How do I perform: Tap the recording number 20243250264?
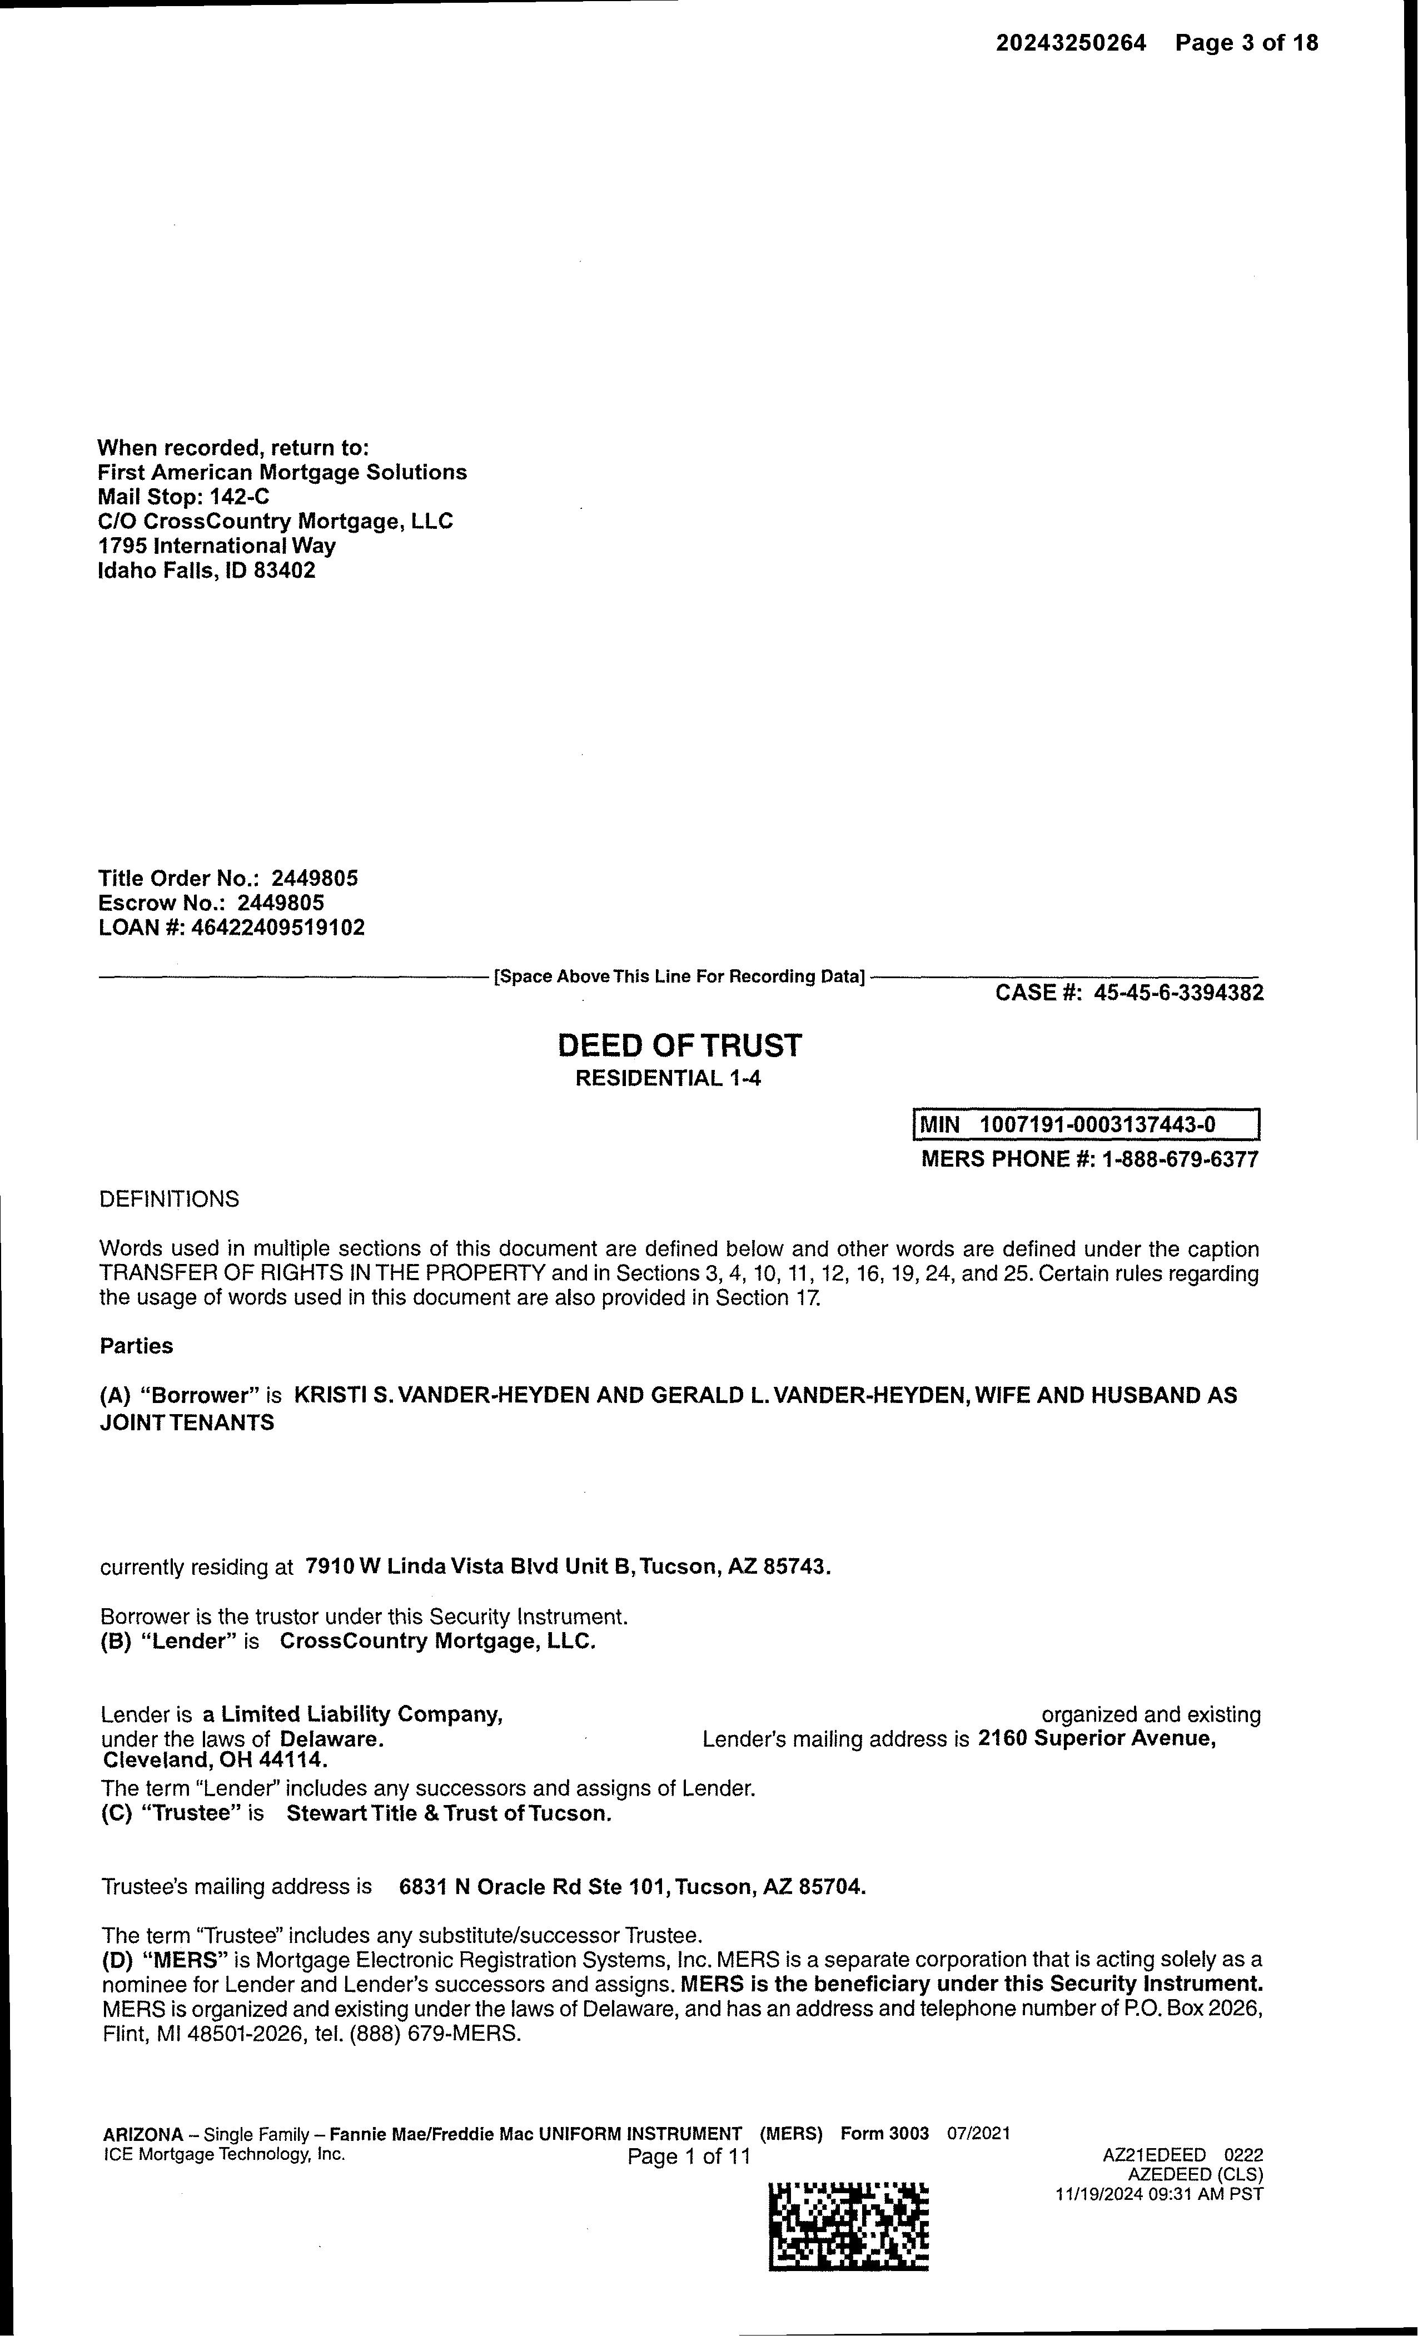tap(1071, 43)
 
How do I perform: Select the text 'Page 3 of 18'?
tap(1246, 43)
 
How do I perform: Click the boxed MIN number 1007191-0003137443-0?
tap(1097, 1126)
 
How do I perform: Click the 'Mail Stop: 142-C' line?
tap(184, 497)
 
